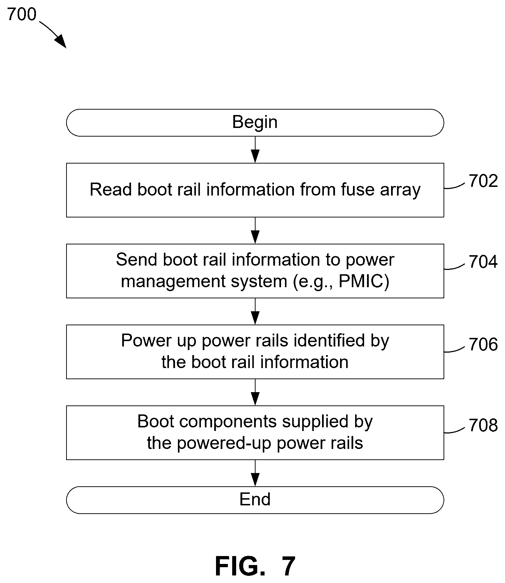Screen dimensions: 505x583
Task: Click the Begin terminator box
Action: (255, 123)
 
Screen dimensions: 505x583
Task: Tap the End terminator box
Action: (255, 500)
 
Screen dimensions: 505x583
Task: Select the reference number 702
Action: (483, 181)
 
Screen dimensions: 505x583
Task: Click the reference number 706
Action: (483, 344)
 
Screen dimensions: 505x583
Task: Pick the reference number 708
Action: (483, 425)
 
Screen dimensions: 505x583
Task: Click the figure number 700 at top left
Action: (22, 14)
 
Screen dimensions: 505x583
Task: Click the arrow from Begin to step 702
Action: (255, 150)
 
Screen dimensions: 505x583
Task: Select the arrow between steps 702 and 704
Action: (255, 231)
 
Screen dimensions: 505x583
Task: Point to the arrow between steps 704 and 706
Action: (255, 312)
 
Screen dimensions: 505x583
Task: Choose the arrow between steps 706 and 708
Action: (255, 393)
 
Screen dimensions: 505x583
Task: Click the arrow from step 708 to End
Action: (255, 473)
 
